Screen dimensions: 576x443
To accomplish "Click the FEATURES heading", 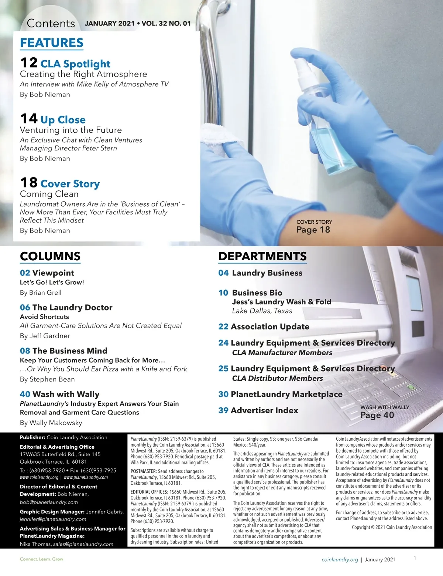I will (52, 43).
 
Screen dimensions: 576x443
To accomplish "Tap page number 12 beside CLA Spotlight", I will (29, 63).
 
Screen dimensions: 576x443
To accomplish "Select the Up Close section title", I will (63, 120).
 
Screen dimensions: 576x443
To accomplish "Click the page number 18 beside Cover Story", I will (29, 183).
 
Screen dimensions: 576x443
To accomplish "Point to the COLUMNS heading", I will (50, 256).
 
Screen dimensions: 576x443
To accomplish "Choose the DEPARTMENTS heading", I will (262, 256).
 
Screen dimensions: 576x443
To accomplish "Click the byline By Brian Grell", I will (41, 292).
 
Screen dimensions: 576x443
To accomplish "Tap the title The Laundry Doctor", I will (72, 308).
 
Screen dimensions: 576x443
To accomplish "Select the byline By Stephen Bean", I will (47, 379).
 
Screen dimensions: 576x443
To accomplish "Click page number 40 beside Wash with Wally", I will (25, 394).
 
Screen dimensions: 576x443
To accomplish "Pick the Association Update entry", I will (270, 327).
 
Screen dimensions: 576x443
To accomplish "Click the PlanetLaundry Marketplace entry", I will (286, 394).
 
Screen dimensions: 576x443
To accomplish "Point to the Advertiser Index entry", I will (264, 410).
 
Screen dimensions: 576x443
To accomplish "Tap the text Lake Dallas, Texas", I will (262, 311).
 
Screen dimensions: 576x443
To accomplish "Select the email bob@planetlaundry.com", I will (49, 502).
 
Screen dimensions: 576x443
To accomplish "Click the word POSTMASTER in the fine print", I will (144, 471).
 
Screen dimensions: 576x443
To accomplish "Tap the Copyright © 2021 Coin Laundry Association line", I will (392, 527).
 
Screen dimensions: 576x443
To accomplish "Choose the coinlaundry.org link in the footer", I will (340, 560).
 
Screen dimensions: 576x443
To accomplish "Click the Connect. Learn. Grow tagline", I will (41, 559).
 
